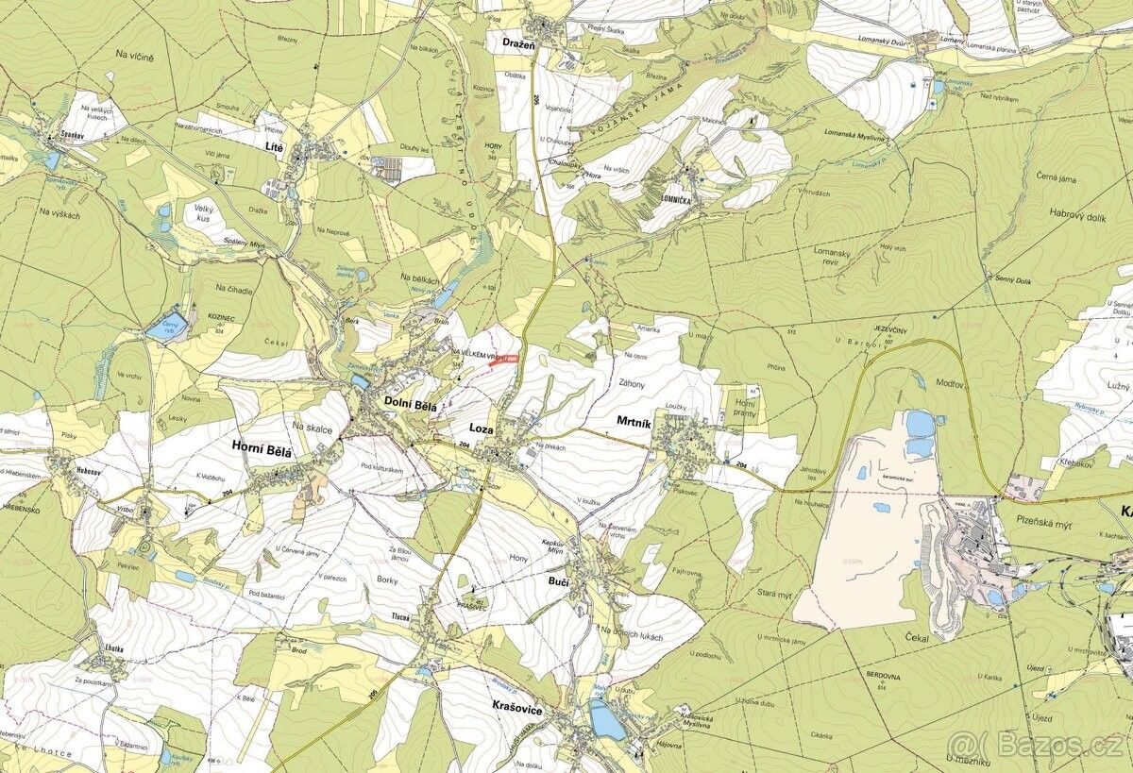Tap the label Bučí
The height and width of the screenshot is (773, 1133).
coord(557,584)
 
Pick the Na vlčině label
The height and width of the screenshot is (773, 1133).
coord(135,59)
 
